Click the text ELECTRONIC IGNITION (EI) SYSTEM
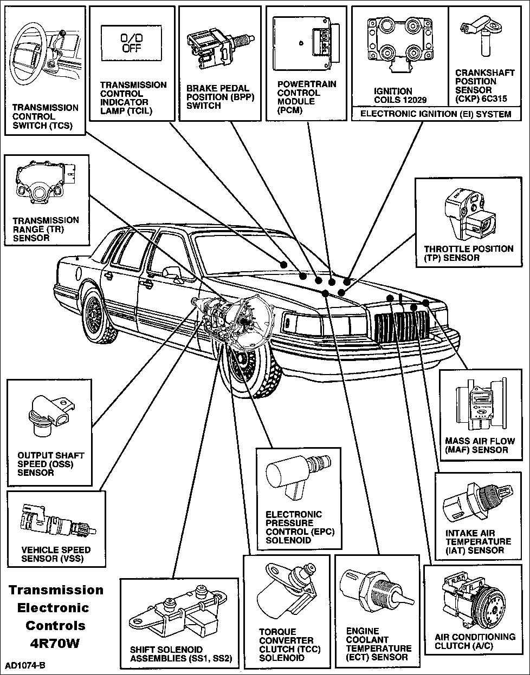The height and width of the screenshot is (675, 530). (436, 114)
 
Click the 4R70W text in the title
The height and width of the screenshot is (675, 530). (55, 644)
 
